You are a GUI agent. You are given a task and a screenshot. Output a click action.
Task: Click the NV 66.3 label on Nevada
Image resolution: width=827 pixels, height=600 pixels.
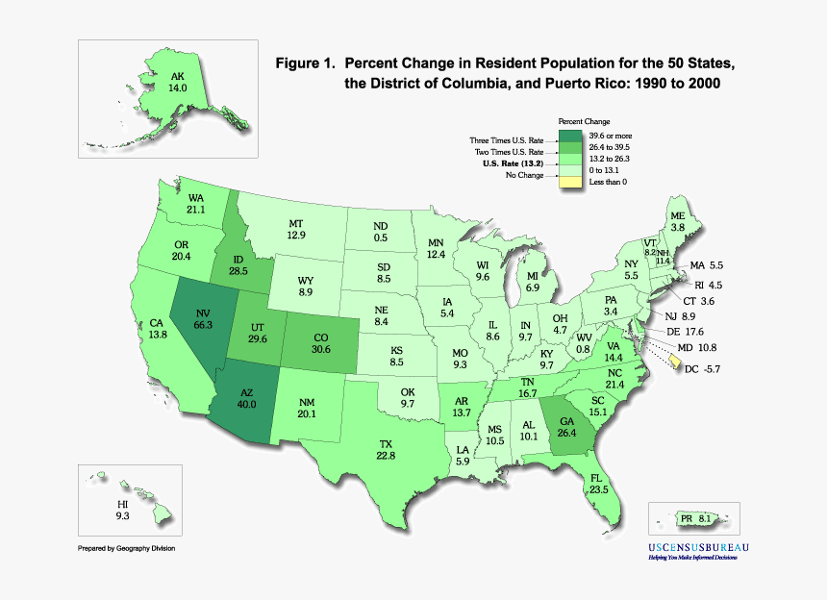[x=203, y=319]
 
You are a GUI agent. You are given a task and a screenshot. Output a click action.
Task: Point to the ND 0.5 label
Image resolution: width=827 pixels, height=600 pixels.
[x=381, y=232]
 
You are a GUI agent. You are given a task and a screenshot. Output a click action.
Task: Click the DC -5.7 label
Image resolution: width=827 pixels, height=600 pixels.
[x=708, y=367]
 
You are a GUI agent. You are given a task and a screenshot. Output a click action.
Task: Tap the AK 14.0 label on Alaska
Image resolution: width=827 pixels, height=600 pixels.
[x=178, y=82]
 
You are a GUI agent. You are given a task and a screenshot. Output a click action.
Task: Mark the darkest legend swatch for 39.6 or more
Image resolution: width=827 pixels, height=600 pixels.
[x=571, y=136]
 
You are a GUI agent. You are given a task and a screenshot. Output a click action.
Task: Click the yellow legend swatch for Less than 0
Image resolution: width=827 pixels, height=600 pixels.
[x=571, y=181]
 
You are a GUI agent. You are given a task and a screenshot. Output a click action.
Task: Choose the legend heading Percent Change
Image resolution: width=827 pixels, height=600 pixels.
[x=584, y=122]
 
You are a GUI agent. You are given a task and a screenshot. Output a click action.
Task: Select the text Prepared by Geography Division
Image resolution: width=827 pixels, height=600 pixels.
[x=126, y=548]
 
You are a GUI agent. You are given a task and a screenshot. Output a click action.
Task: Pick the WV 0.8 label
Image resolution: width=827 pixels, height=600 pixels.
[x=584, y=343]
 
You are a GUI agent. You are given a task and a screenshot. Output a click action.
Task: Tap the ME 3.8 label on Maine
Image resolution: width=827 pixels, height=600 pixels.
[x=678, y=220]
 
